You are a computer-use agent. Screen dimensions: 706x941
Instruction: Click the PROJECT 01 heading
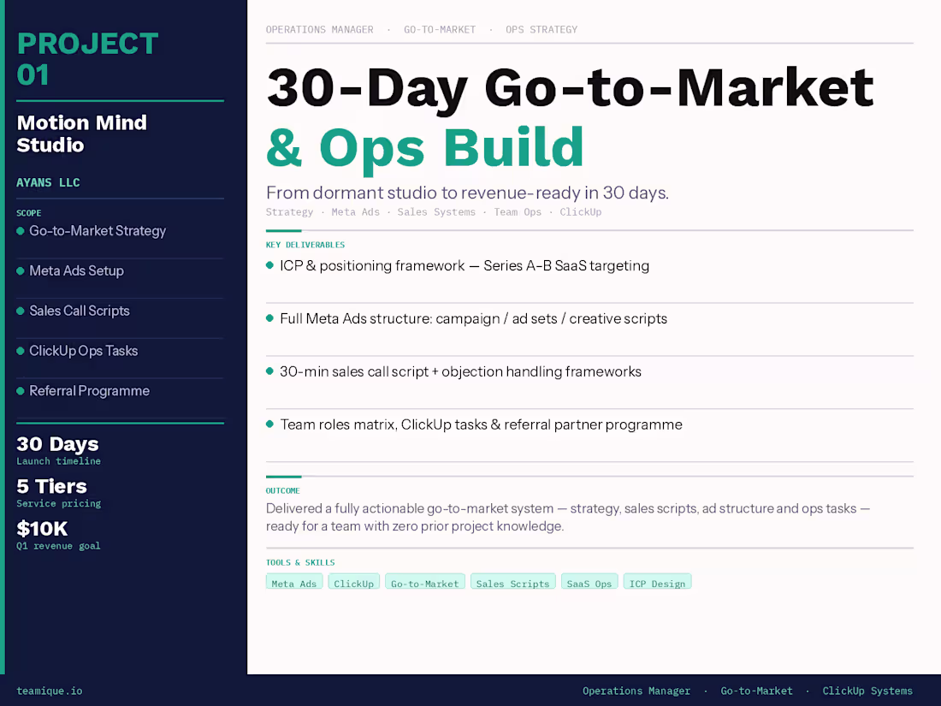pos(87,59)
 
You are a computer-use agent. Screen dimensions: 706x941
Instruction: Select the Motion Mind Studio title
pos(82,133)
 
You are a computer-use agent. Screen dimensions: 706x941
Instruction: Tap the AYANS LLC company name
pos(48,182)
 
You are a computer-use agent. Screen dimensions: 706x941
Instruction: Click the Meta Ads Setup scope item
pos(76,270)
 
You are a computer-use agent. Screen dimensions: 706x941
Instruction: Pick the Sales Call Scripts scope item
pos(80,311)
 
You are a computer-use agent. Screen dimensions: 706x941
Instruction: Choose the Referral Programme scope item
pos(89,390)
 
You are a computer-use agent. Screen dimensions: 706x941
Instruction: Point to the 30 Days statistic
pos(57,444)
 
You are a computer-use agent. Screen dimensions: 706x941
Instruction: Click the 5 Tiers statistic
pos(51,486)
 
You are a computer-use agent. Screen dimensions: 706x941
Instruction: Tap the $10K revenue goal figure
pos(42,528)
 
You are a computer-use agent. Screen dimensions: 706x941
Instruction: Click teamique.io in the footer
pos(50,691)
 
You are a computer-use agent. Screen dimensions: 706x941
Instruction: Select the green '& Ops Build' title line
pos(425,147)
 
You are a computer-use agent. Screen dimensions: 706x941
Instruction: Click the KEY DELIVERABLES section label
pos(305,245)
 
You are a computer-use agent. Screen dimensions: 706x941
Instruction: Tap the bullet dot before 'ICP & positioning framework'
pos(269,265)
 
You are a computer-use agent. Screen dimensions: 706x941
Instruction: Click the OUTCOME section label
pos(283,490)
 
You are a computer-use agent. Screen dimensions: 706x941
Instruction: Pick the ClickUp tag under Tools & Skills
pos(353,583)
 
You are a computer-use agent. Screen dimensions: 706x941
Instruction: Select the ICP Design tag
pos(657,583)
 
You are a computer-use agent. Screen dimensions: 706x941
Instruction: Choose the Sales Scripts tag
pos(512,583)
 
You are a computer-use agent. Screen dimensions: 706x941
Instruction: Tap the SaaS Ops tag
pos(589,583)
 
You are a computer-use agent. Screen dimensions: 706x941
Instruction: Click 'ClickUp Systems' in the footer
pos(867,691)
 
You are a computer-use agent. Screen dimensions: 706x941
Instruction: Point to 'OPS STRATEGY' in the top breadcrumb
pos(542,29)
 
